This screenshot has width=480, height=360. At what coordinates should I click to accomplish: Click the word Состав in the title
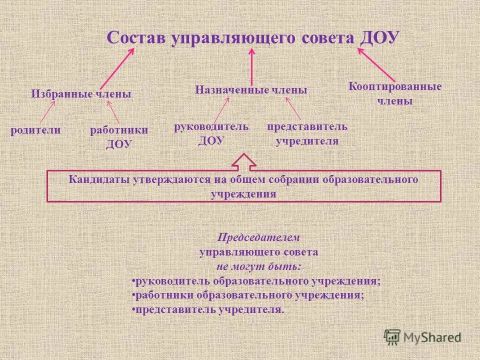tap(136, 38)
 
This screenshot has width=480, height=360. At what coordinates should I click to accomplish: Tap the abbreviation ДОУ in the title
tap(378, 38)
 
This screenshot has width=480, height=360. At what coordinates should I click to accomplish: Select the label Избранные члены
tap(81, 93)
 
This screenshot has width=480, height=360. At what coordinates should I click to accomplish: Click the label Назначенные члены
tap(251, 90)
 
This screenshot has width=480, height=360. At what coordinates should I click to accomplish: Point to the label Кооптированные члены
tap(394, 93)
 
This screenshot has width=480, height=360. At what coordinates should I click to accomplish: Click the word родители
tap(35, 130)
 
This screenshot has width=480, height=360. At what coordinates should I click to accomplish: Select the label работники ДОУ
tap(118, 136)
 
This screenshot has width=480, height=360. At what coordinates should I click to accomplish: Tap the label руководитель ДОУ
tap(210, 133)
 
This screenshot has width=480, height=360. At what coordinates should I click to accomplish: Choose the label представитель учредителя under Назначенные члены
tap(307, 133)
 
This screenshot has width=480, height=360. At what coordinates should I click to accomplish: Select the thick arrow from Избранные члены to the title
tap(116, 67)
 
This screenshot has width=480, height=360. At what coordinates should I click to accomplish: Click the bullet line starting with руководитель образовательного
tap(256, 281)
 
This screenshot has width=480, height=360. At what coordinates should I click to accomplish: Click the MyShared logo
tap(422, 336)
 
